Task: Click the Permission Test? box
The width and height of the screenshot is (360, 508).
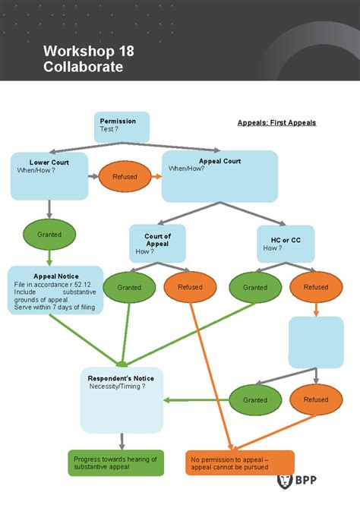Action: point(122,126)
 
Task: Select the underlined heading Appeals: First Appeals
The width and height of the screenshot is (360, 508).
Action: point(276,122)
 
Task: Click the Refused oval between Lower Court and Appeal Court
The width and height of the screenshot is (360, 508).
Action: point(125,176)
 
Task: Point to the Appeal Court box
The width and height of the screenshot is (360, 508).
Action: point(219,175)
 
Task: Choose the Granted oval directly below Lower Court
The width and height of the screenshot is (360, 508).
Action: point(49,235)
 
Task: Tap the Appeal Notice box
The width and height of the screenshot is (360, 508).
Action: point(55,290)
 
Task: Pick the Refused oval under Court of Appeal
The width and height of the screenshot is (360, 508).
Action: point(190,287)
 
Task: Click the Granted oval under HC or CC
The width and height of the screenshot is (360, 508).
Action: point(255,287)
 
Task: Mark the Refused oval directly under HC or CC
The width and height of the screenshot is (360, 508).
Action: point(316,287)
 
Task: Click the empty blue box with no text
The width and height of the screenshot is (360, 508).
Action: point(316,342)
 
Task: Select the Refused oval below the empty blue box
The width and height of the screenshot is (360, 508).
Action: point(316,399)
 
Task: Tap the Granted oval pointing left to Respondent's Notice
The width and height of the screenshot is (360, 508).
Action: point(255,399)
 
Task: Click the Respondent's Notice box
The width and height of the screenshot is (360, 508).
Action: point(122,399)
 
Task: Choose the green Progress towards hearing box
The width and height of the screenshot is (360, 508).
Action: point(115,462)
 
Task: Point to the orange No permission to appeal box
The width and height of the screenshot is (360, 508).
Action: point(239,462)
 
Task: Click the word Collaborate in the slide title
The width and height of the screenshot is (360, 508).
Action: point(83,67)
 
